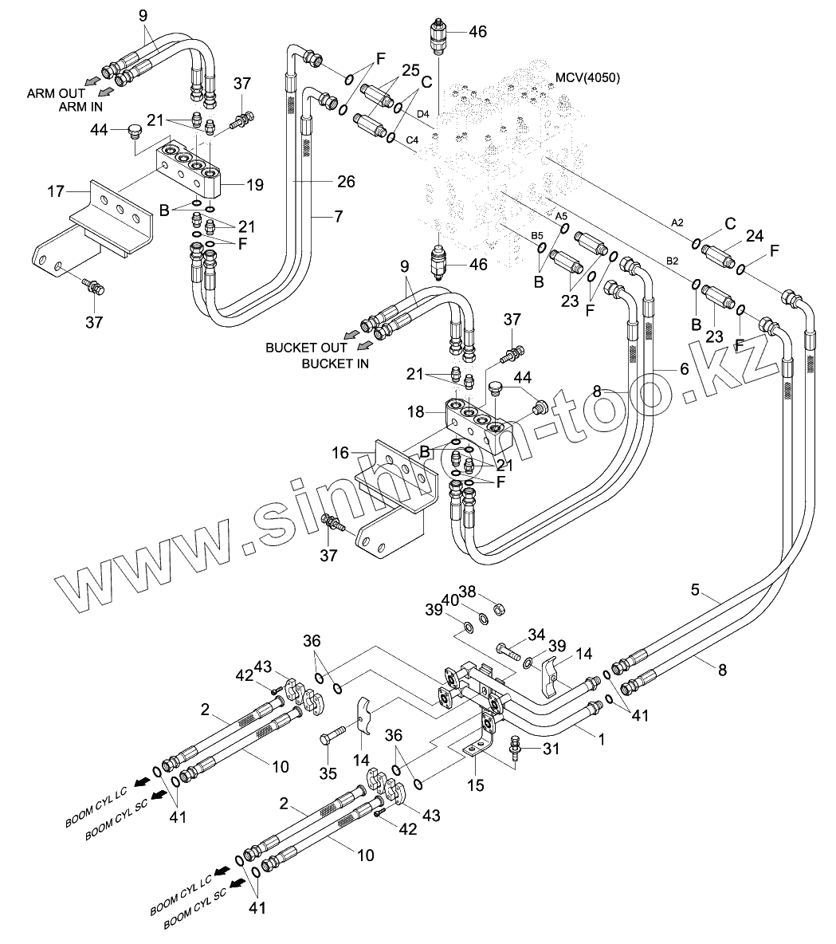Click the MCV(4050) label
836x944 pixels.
(x=587, y=77)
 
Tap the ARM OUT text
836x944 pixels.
(x=56, y=93)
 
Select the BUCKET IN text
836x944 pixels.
(x=336, y=364)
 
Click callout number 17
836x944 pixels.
(x=56, y=191)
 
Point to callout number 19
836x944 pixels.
(x=254, y=185)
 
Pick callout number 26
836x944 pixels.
(x=346, y=181)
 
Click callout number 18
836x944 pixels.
(x=416, y=411)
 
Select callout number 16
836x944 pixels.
(x=340, y=452)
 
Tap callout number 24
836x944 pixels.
(x=755, y=236)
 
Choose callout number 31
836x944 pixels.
(x=551, y=749)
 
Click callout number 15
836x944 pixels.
(x=476, y=785)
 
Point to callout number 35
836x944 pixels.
(x=328, y=773)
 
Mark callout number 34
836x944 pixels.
(x=536, y=635)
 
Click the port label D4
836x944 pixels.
(x=423, y=114)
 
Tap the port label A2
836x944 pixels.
(x=677, y=222)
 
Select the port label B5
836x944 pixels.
(x=537, y=235)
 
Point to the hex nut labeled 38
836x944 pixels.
(x=499, y=610)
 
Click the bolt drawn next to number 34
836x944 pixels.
(x=509, y=650)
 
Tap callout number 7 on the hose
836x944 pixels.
(x=338, y=216)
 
